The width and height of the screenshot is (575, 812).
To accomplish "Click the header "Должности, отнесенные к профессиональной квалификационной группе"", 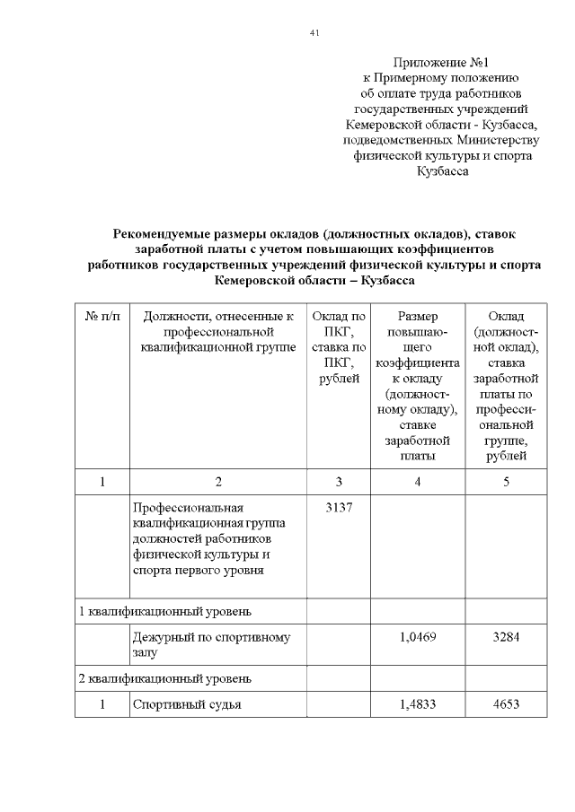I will [x=218, y=332].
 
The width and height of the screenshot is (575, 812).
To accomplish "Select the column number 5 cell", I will [x=506, y=482].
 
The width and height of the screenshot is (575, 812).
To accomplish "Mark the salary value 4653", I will [x=506, y=704].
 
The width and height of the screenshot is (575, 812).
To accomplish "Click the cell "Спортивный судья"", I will [x=187, y=704].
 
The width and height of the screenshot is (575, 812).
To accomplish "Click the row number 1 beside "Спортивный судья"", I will [x=102, y=704].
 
